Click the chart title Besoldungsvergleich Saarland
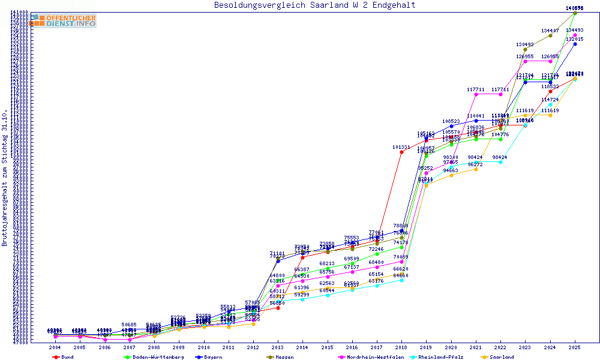pyautogui.click(x=314, y=5)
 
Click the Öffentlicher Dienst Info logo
pyautogui.click(x=64, y=21)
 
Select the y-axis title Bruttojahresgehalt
pyautogui.click(x=5, y=178)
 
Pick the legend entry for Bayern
pyautogui.click(x=212, y=357)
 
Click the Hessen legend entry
pyautogui.click(x=284, y=357)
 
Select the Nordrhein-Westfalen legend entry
pyautogui.click(x=370, y=357)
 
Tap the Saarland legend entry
pyautogui.click(x=502, y=357)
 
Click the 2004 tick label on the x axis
pyautogui.click(x=55, y=347)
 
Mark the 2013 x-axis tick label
pyautogui.click(x=278, y=347)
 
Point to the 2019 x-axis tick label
pyautogui.click(x=426, y=347)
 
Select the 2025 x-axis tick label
pyautogui.click(x=575, y=347)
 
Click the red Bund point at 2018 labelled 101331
pyautogui.click(x=401, y=152)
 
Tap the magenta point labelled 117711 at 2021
pyautogui.click(x=476, y=94)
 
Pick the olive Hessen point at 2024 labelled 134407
pyautogui.click(x=550, y=35)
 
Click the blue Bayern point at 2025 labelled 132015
pyautogui.click(x=575, y=44)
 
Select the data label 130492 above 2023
pyautogui.click(x=525, y=44)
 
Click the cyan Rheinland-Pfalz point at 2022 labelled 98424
pyautogui.click(x=500, y=162)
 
